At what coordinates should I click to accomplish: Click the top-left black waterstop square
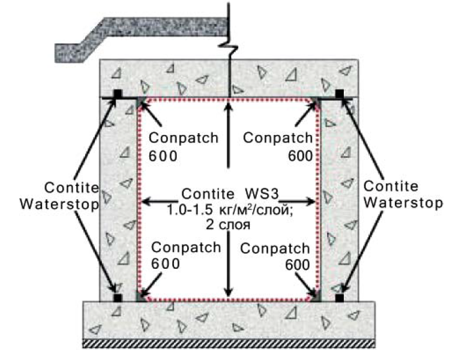pyautogui.click(x=118, y=94)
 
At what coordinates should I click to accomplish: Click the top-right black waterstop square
pyautogui.click(x=340, y=94)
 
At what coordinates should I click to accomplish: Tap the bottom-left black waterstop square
pyautogui.click(x=118, y=298)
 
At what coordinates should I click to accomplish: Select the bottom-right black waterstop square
pyautogui.click(x=340, y=298)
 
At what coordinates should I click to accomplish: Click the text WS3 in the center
pyautogui.click(x=262, y=194)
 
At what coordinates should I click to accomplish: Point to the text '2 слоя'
pyautogui.click(x=228, y=224)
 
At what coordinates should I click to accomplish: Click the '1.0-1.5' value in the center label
pyautogui.click(x=190, y=210)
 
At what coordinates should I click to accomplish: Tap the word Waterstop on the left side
pyautogui.click(x=59, y=204)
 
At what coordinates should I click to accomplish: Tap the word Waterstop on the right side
pyautogui.click(x=403, y=203)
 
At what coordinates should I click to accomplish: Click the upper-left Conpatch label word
pyautogui.click(x=184, y=138)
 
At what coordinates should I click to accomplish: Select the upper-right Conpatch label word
pyautogui.click(x=278, y=138)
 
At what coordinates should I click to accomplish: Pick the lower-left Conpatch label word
pyautogui.click(x=186, y=247)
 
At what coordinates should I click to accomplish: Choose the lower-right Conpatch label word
pyautogui.click(x=275, y=248)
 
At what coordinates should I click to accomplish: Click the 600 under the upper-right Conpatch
pyautogui.click(x=300, y=156)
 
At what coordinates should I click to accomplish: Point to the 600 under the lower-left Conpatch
pyautogui.click(x=166, y=264)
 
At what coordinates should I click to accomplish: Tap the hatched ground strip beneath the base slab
pyautogui.click(x=229, y=344)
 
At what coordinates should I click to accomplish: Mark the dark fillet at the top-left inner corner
pyautogui.click(x=140, y=102)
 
